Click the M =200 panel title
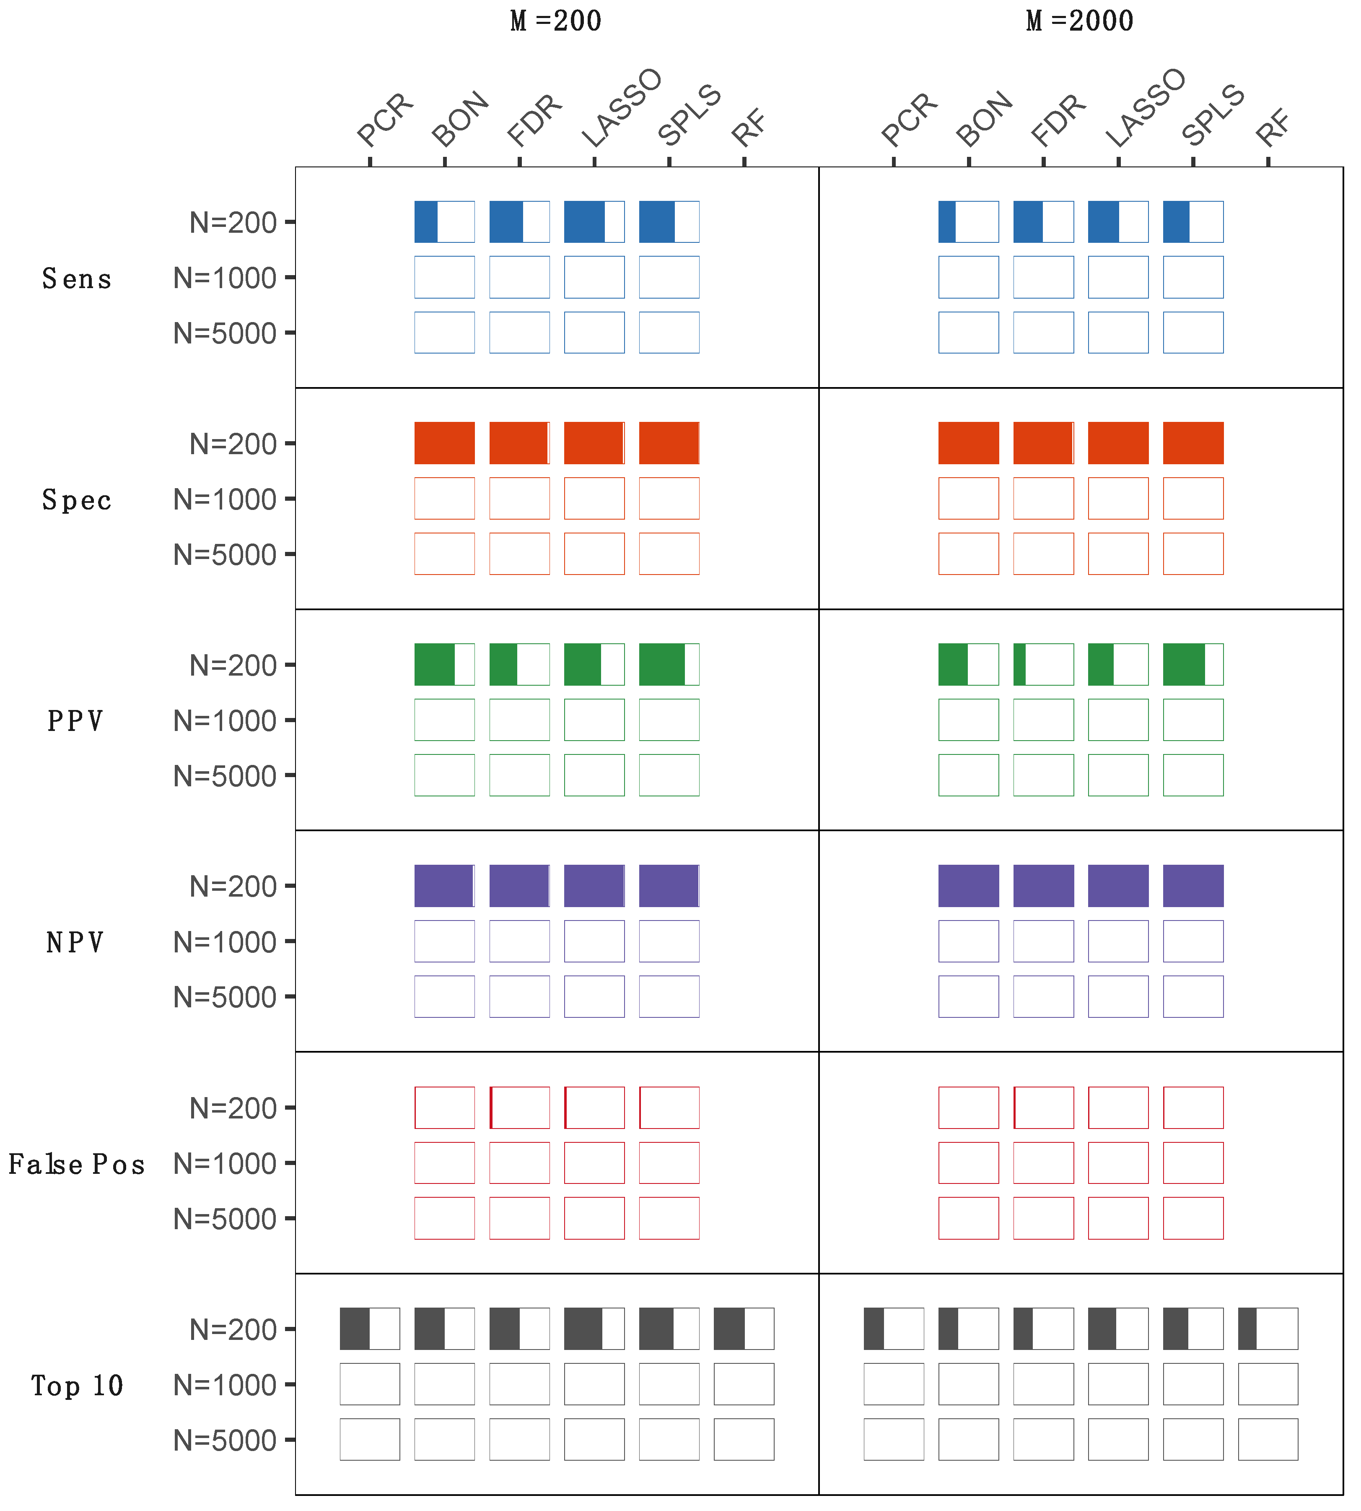[x=556, y=21]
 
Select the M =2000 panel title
[x=1079, y=21]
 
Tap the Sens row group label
[x=76, y=279]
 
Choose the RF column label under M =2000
[x=1273, y=127]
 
